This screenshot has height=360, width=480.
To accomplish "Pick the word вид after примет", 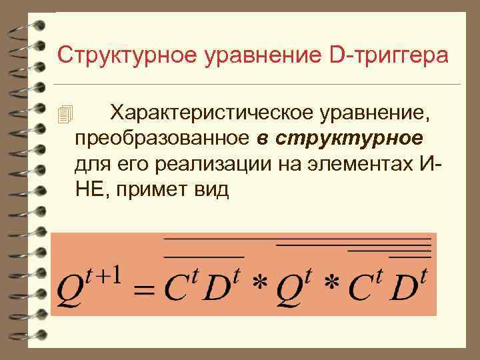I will (x=213, y=189).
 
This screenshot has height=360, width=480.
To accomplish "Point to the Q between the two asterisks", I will (x=292, y=287).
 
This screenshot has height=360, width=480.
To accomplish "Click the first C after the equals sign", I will (x=174, y=287).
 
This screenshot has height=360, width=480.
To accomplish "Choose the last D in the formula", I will (x=404, y=287).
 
